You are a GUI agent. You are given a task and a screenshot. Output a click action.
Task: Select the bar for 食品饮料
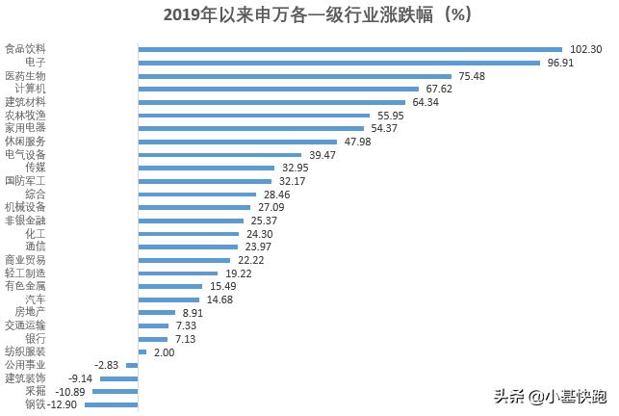tap(349, 49)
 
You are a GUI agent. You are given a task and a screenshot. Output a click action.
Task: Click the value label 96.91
tap(562, 63)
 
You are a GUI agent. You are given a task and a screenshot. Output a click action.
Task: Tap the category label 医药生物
tap(25, 75)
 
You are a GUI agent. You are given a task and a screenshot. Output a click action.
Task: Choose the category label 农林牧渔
tap(25, 115)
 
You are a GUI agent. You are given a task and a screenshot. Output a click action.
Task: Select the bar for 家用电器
tap(251, 128)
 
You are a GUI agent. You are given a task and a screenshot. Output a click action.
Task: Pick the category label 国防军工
tap(25, 180)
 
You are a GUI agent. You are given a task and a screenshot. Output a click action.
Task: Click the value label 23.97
tap(259, 247)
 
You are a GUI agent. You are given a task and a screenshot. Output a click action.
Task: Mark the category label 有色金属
tap(25, 286)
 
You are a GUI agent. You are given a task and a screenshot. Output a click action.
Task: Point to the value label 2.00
tap(164, 352)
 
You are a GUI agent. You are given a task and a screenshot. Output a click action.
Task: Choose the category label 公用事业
tap(25, 365)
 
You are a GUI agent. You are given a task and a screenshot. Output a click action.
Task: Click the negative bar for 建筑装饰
tap(118, 378)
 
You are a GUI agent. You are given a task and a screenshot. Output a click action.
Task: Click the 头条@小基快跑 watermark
tap(551, 396)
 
